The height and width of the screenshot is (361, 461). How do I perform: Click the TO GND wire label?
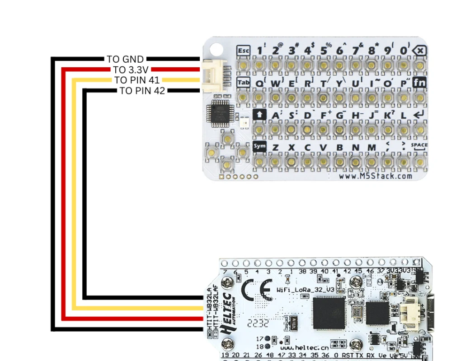pyautogui.click(x=125, y=59)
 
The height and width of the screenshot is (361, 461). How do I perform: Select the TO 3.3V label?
pyautogui.click(x=131, y=69)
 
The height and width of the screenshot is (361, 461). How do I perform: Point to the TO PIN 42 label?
pyautogui.click(x=142, y=91)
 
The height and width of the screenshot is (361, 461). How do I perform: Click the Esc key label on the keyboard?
pyautogui.click(x=243, y=50)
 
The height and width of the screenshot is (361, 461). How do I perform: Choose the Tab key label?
pyautogui.click(x=243, y=83)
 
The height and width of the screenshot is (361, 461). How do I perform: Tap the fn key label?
pyautogui.click(x=420, y=83)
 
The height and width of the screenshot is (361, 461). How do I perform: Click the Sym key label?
pyautogui.click(x=259, y=146)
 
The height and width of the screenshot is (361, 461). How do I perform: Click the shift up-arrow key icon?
pyautogui.click(x=259, y=115)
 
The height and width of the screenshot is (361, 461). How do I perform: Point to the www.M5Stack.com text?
pyautogui.click(x=375, y=176)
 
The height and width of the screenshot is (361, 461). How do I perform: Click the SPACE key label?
pyautogui.click(x=419, y=145)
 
